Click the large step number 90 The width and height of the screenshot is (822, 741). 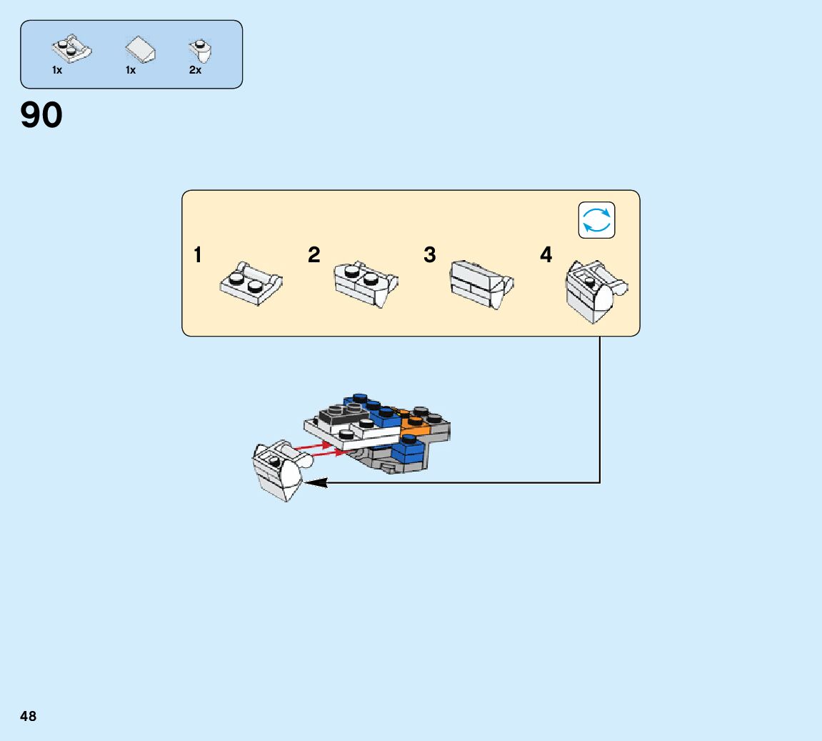[x=41, y=115]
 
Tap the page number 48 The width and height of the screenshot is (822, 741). [x=28, y=716]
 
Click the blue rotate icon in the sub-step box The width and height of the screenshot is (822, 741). [x=596, y=220]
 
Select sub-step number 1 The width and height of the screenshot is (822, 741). [x=198, y=255]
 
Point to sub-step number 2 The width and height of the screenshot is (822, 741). [x=314, y=255]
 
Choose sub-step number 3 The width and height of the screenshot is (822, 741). [x=429, y=255]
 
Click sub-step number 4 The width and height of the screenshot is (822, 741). [x=546, y=255]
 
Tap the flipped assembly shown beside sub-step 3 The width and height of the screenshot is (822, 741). [x=481, y=284]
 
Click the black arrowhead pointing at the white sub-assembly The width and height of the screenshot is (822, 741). [x=315, y=483]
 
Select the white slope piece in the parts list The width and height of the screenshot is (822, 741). [x=141, y=50]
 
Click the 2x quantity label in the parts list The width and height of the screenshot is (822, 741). [x=195, y=71]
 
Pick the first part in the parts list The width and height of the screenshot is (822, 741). [x=71, y=49]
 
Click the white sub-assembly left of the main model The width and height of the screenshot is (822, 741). [x=278, y=469]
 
